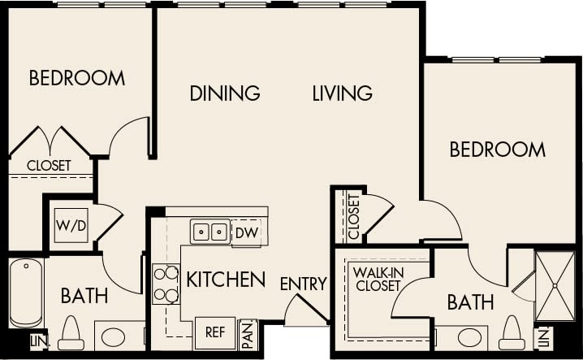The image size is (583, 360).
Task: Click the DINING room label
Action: coord(225,93)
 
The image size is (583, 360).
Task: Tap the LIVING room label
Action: coord(342,93)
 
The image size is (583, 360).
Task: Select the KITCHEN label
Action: coord(226,280)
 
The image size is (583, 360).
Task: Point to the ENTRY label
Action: coord(303,284)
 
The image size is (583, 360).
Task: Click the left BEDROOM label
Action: coord(77,78)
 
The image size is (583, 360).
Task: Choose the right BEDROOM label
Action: coord(497,150)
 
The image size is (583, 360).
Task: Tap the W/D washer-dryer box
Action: coord(71,226)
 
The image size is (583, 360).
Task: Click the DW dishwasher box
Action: coord(246,232)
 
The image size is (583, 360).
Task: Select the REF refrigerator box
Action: coord(215,332)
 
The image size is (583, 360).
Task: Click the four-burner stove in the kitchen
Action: coord(166,284)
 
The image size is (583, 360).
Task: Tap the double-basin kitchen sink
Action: coord(210,232)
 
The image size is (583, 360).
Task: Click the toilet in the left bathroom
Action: coord(71,334)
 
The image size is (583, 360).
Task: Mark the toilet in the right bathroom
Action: coord(512,334)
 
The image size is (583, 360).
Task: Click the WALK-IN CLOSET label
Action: coord(377,279)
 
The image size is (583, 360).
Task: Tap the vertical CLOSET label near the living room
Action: coord(353,215)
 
